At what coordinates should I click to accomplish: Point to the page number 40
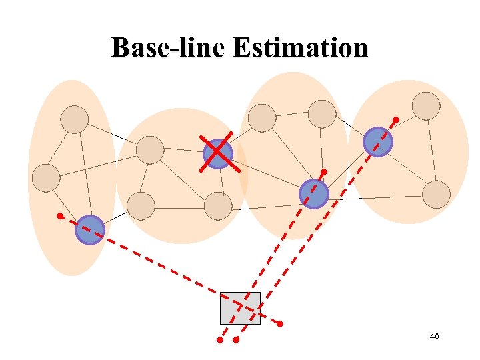[434, 337]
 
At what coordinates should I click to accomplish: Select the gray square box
[240, 308]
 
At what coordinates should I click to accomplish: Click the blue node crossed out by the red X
[217, 153]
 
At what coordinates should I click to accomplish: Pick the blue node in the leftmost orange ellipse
[90, 230]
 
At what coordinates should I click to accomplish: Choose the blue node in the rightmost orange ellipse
[378, 142]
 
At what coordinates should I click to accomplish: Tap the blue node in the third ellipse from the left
[313, 193]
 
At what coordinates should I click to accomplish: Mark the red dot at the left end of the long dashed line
[59, 216]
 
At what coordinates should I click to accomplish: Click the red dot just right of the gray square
[280, 324]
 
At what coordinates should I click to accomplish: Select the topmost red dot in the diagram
[395, 120]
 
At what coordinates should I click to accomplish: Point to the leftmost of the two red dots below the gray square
[219, 340]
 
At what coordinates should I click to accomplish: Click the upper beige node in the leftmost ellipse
[74, 119]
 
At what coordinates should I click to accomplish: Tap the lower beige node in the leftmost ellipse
[47, 177]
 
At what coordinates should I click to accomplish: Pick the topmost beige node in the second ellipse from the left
[150, 149]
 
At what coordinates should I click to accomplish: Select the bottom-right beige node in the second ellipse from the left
[218, 206]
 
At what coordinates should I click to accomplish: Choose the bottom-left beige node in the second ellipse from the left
[141, 206]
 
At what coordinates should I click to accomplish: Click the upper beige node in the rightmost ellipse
[426, 106]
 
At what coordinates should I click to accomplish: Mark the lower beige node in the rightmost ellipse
[437, 194]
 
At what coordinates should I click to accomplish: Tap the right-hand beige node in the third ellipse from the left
[322, 114]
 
